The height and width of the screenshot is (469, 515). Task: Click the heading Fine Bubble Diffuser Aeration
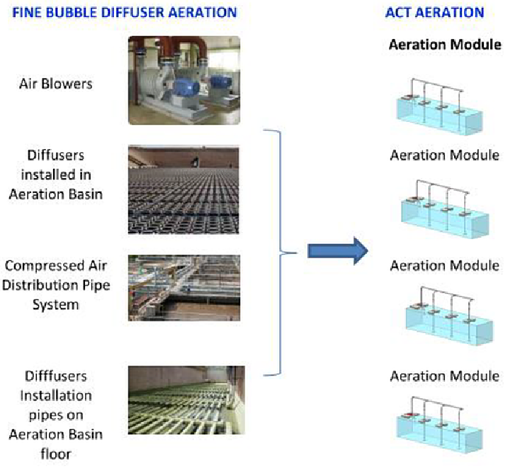(x=125, y=13)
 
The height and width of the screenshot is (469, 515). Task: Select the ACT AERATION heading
(x=434, y=13)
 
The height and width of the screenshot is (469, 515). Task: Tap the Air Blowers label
(x=55, y=84)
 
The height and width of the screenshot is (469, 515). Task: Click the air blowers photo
(x=184, y=80)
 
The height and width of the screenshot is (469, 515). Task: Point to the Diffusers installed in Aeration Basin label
(x=55, y=175)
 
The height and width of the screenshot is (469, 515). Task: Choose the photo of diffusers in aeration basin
(x=183, y=189)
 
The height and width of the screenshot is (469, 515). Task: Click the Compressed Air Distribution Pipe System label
(x=55, y=285)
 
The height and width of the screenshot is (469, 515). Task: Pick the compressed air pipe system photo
(x=184, y=288)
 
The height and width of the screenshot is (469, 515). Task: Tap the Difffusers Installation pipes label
(x=55, y=415)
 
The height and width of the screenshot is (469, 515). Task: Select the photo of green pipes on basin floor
(x=186, y=400)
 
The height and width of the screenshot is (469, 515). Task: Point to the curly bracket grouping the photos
(x=280, y=253)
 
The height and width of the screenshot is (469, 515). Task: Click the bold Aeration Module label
(x=445, y=45)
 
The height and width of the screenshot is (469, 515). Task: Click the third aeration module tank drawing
(x=449, y=316)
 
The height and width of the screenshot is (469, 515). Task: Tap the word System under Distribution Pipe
(x=55, y=304)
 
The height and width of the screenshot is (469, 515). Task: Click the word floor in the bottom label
(x=55, y=454)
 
